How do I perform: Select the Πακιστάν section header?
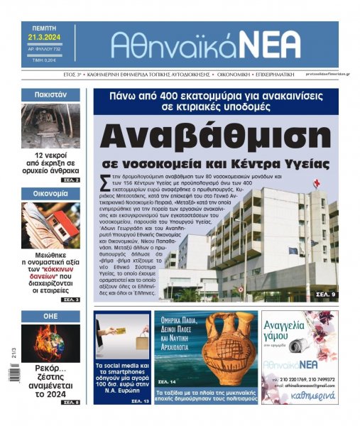point(50,94)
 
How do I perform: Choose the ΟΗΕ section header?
point(50,316)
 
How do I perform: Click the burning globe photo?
point(50,343)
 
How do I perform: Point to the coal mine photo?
point(50,126)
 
